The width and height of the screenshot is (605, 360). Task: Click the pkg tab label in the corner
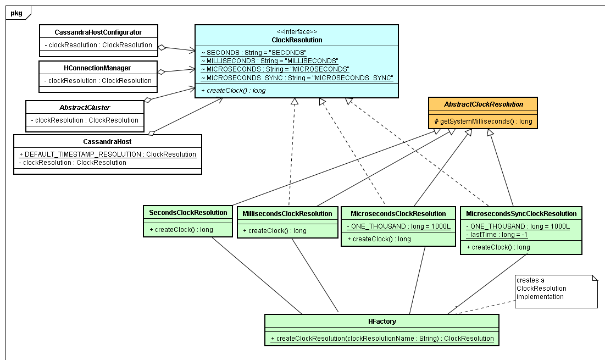tap(16, 13)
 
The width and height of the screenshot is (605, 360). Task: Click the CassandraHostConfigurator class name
tap(98, 32)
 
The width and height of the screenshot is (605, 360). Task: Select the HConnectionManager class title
tap(98, 68)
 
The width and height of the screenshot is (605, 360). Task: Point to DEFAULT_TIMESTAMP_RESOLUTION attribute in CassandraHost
tap(107, 154)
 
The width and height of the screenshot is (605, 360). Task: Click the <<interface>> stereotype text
tap(297, 32)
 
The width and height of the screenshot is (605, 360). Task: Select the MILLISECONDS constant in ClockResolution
tap(269, 60)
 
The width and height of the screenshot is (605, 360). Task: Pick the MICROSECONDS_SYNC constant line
tap(297, 77)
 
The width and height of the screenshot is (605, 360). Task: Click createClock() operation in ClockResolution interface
tap(234, 90)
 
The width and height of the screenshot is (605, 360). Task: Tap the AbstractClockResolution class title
tap(483, 104)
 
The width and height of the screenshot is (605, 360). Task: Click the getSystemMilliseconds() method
tap(483, 121)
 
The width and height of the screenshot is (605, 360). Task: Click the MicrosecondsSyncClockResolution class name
tap(521, 214)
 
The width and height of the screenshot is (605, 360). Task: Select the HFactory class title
tap(382, 322)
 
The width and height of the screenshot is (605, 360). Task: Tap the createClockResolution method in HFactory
tap(382, 339)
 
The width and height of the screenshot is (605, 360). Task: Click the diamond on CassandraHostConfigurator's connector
tap(162, 47)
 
